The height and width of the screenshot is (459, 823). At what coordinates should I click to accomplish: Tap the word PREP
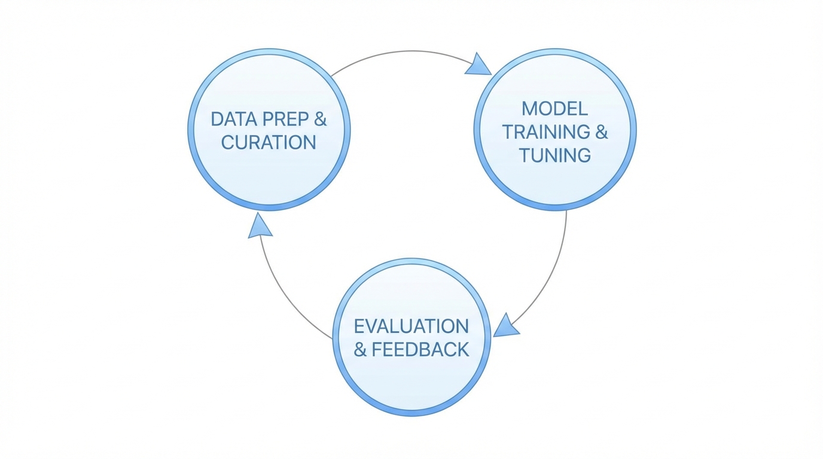(x=283, y=119)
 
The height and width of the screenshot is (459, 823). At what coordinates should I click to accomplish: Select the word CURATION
(x=269, y=143)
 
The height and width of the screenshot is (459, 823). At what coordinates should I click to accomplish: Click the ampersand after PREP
(x=321, y=119)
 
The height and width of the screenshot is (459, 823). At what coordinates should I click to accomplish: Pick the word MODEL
(x=554, y=109)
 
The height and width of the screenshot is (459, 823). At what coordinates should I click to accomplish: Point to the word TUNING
(x=554, y=155)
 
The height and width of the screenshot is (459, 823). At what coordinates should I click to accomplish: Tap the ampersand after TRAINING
(x=601, y=132)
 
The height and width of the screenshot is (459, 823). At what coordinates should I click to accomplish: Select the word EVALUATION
(x=411, y=326)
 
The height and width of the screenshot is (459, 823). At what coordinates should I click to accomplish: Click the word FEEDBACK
(x=420, y=350)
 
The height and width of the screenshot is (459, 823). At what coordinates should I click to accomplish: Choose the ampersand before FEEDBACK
(x=360, y=350)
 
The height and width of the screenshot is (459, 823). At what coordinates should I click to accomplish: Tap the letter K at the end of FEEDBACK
(x=462, y=350)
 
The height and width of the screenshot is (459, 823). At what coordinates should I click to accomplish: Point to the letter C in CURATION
(x=228, y=143)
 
